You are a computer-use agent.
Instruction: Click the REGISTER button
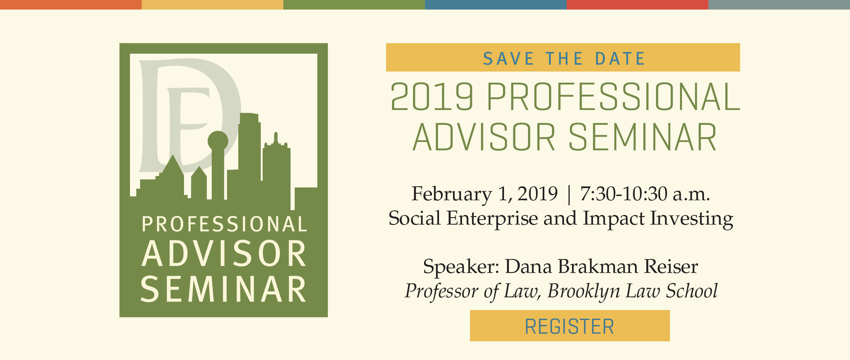pyautogui.click(x=570, y=326)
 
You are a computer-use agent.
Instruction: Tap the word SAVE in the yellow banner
pyautogui.click(x=509, y=59)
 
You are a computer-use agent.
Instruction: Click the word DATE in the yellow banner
pyautogui.click(x=620, y=59)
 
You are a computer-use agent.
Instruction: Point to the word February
pyautogui.click(x=451, y=194)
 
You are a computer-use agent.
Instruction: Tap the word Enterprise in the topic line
pyautogui.click(x=492, y=219)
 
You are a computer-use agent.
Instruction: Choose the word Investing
pyautogui.click(x=692, y=219)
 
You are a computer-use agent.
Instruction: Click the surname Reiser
pyautogui.click(x=671, y=266)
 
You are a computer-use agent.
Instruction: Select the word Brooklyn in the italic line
pyautogui.click(x=584, y=291)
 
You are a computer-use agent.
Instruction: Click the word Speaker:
pyautogui.click(x=461, y=267)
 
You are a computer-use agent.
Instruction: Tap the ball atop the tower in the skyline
pyautogui.click(x=218, y=141)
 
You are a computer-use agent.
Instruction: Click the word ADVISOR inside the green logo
pyautogui.click(x=224, y=254)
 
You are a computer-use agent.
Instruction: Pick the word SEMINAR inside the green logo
pyautogui.click(x=223, y=289)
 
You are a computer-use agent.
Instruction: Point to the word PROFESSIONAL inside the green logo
pyautogui.click(x=224, y=224)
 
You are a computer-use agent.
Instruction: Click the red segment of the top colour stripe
pyautogui.click(x=637, y=5)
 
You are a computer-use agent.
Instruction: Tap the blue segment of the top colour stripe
pyautogui.click(x=496, y=5)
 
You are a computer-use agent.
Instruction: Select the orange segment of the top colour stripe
pyautogui.click(x=71, y=5)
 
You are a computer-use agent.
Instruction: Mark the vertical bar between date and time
pyautogui.click(x=569, y=195)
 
